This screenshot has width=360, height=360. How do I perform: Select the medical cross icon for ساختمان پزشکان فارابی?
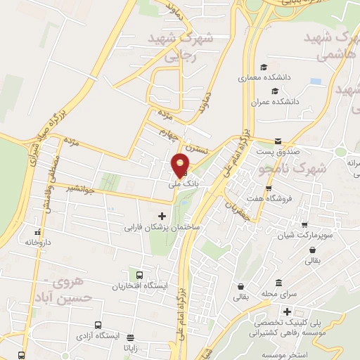tap(162, 216)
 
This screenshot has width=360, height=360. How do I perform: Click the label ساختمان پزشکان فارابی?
tap(163, 228)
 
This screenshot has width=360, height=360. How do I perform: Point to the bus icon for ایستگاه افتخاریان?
tap(140, 275)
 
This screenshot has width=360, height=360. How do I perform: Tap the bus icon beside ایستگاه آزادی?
tap(98, 326)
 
